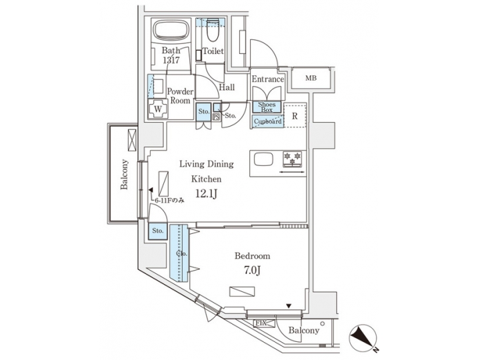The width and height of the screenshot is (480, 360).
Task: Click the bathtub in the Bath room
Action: pyautogui.click(x=171, y=31)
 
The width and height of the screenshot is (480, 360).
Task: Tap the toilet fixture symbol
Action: pyautogui.click(x=213, y=31)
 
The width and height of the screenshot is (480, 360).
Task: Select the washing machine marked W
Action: pyautogui.click(x=159, y=109)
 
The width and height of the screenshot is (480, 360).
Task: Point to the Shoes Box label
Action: pyautogui.click(x=267, y=107)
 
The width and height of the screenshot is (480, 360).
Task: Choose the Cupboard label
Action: pyautogui.click(x=267, y=121)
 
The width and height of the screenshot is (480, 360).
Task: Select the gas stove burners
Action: pyautogui.click(x=292, y=159)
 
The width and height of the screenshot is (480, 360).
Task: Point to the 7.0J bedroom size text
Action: pyautogui.click(x=252, y=271)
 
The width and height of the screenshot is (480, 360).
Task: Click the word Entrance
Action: pyautogui.click(x=268, y=79)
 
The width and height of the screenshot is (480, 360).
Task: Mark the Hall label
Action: pyautogui.click(x=227, y=87)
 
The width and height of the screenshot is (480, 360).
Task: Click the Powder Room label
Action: pyautogui.click(x=180, y=96)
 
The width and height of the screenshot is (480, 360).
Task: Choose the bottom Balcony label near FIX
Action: pyautogui.click(x=304, y=331)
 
